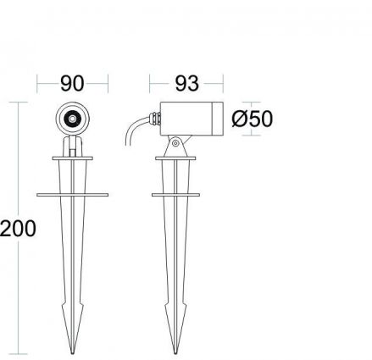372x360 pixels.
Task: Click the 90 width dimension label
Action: (x=72, y=83)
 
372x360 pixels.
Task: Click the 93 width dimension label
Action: (x=186, y=83)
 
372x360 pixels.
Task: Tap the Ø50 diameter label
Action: (x=253, y=119)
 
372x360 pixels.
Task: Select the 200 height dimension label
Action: (x=18, y=228)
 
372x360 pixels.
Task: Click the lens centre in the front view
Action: (x=72, y=119)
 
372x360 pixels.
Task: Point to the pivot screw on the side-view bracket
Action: (x=175, y=143)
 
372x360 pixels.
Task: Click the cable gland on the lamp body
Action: (x=155, y=119)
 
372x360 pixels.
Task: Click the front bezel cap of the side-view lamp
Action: (x=218, y=119)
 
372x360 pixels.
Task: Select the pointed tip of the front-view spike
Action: (x=73, y=353)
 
